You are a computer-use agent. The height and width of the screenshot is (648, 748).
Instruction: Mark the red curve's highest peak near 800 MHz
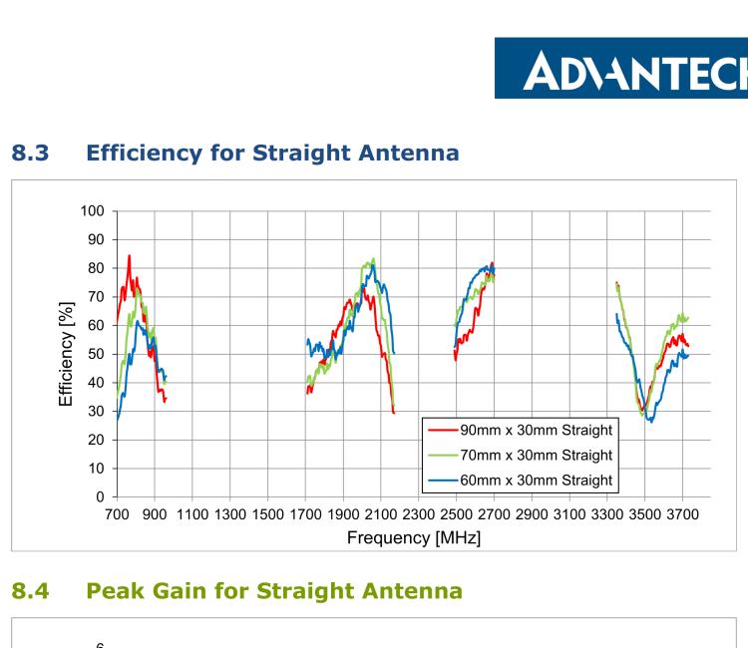129,256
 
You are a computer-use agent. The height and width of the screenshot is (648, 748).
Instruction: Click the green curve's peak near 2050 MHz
373,259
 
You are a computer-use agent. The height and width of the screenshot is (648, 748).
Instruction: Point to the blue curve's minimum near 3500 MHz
650,422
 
